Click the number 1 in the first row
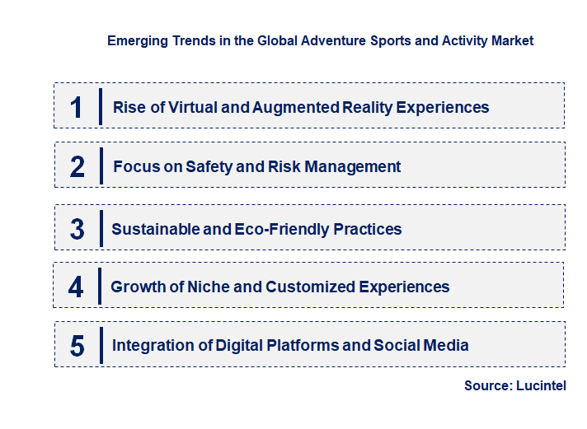point(77,107)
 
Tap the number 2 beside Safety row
point(77,166)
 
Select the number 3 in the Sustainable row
point(77,229)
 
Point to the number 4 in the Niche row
point(77,287)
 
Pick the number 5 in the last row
point(77,346)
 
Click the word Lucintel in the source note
point(542,385)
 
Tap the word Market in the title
point(513,40)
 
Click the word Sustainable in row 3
point(156,229)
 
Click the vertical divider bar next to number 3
point(101,227)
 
